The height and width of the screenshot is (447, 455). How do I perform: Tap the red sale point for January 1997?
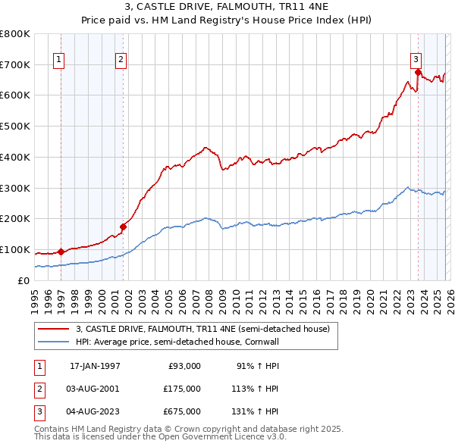coord(61,252)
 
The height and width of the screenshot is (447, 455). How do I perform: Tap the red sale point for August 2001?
coord(123,226)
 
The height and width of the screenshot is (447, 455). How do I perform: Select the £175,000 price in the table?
coord(182,389)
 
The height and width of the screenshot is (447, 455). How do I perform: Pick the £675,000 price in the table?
coord(182,411)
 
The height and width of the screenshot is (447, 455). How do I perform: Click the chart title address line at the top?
coord(227,8)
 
